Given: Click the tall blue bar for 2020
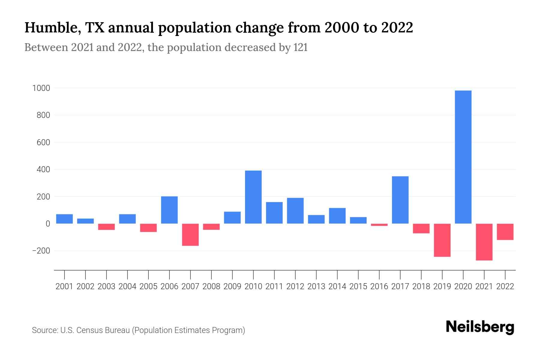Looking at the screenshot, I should (463, 157).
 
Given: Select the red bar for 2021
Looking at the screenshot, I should (484, 242).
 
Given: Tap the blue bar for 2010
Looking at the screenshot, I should (253, 197).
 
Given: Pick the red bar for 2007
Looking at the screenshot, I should (190, 235).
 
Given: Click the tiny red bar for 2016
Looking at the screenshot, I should (379, 225).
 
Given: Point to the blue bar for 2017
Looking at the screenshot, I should (400, 200).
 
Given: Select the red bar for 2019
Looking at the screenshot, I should (442, 240).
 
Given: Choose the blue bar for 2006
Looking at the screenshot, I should (169, 210).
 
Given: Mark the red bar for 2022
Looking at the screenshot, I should (505, 232).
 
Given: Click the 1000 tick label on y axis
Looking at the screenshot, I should (41, 88).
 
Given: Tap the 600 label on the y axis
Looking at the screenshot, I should (43, 142).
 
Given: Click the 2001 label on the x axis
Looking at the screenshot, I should (64, 286).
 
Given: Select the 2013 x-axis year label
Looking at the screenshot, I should (316, 286).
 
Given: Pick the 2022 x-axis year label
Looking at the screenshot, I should (505, 286).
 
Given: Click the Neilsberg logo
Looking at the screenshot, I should (480, 327).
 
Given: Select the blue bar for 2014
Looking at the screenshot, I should (337, 216).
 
